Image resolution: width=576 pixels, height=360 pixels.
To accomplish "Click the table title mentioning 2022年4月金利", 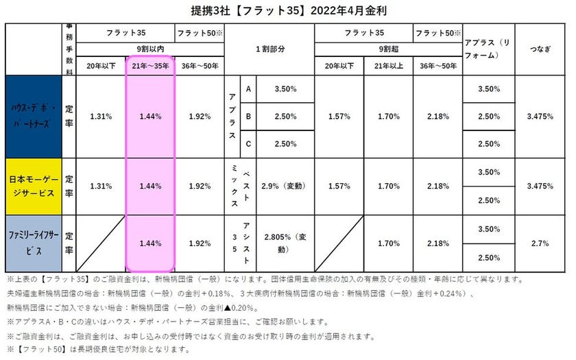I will coord(289,11).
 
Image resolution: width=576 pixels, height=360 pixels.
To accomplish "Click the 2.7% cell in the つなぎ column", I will coord(541,243).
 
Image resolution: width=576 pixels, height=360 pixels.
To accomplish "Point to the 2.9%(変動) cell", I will coord(285,186).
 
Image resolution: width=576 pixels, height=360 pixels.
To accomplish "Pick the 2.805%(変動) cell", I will coord(285,243).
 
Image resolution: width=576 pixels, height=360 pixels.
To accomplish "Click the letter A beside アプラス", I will coord(248,89).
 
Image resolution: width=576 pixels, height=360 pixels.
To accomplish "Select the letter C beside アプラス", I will coord(248,143).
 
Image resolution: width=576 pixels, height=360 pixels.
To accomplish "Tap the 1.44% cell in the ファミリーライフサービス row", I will coord(150,243).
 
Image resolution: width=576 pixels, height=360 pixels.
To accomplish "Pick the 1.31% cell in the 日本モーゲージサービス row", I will coord(101,186).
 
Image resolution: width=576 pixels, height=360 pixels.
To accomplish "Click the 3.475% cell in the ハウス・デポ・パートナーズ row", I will coord(541,117).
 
